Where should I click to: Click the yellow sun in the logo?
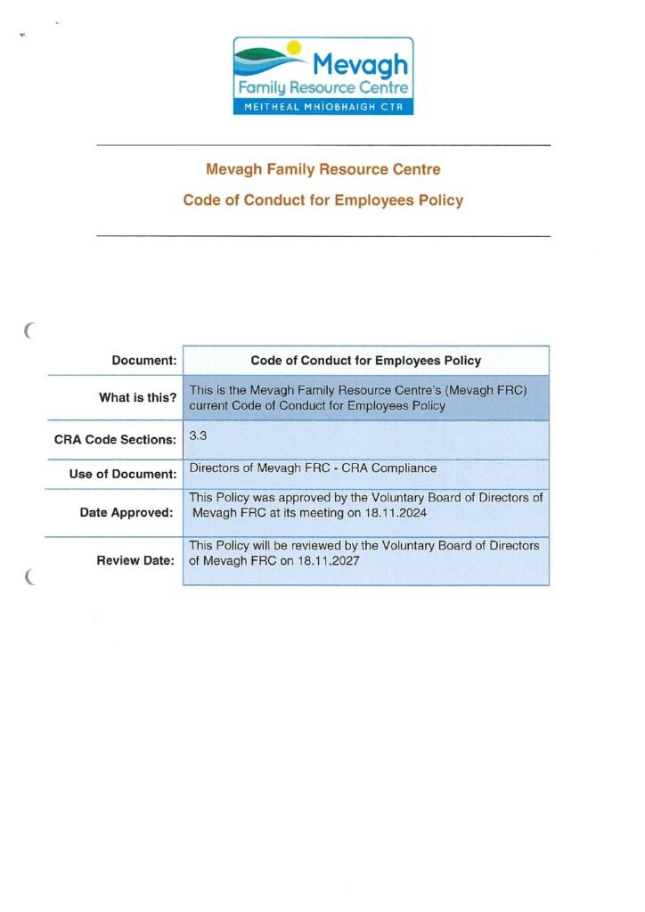pyautogui.click(x=296, y=48)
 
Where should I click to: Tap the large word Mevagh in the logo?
pyautogui.click(x=361, y=64)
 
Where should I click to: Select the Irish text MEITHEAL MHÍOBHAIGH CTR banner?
pyautogui.click(x=323, y=107)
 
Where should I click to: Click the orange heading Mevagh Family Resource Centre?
pyautogui.click(x=322, y=169)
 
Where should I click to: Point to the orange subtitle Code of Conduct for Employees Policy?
pyautogui.click(x=322, y=200)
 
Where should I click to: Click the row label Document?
pyautogui.click(x=143, y=361)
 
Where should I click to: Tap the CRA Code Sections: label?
pyautogui.click(x=115, y=439)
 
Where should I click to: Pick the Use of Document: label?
pyautogui.click(x=123, y=474)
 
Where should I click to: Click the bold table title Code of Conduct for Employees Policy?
pyautogui.click(x=365, y=361)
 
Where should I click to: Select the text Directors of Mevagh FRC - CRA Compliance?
pyautogui.click(x=313, y=468)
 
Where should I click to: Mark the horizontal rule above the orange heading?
pyautogui.click(x=322, y=145)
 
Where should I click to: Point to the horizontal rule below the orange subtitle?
pyautogui.click(x=322, y=236)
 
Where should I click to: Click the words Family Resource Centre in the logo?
pyautogui.click(x=322, y=88)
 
